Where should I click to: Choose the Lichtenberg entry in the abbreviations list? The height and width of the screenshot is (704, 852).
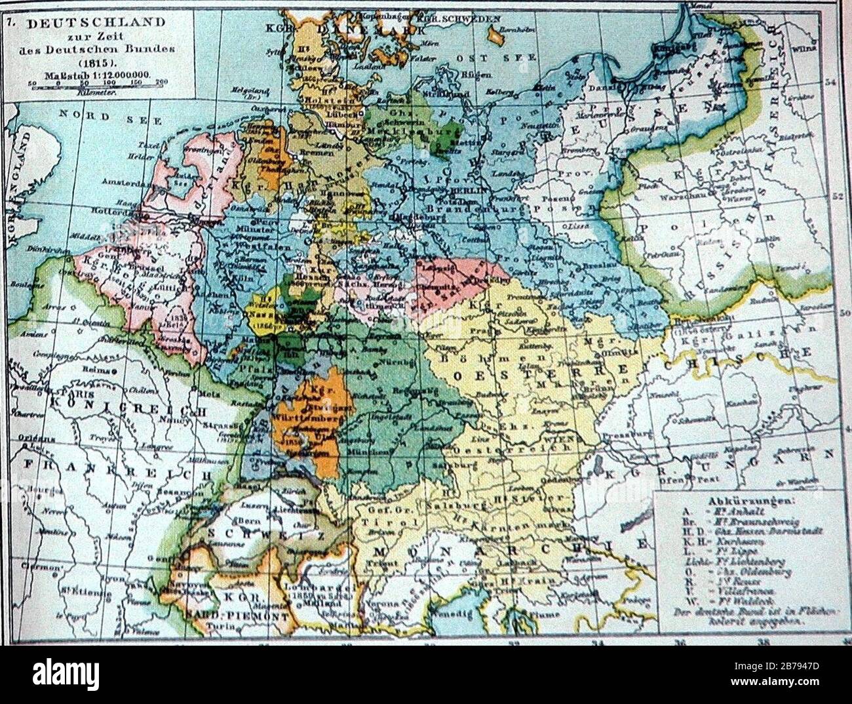pyautogui.click(x=754, y=562)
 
